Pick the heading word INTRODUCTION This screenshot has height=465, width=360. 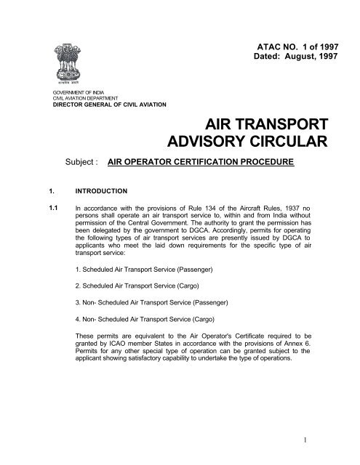[x=107, y=194]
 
